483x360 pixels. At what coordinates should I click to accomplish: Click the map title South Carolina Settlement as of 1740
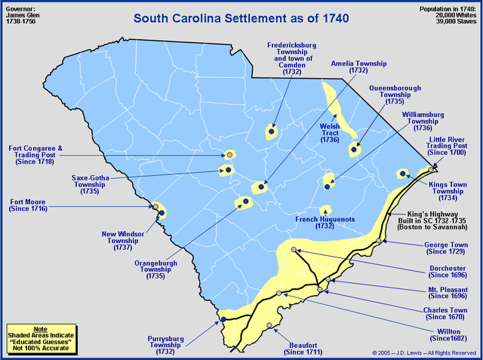[x=241, y=17]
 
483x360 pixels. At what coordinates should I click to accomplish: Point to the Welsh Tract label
[x=330, y=133]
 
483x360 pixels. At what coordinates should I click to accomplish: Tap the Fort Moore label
[x=28, y=205]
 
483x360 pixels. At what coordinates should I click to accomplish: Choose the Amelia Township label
[x=359, y=68]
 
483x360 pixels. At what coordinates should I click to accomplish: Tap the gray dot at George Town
[x=379, y=242]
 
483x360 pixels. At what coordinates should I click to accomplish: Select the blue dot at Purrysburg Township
[x=223, y=320]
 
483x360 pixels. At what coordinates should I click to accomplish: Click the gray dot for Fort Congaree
[x=229, y=155]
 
